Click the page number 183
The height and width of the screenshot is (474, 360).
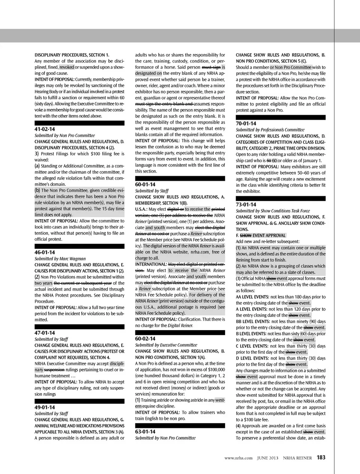tap(321, 458)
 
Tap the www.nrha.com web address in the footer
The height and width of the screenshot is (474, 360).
tap(238, 458)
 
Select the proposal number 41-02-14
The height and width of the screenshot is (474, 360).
tap(45, 129)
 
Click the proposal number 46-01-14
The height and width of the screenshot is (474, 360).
tap(45, 253)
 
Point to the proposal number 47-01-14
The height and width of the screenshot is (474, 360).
tap(45, 333)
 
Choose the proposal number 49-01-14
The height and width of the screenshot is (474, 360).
tap(45, 407)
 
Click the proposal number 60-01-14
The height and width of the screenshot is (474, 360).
tap(145, 184)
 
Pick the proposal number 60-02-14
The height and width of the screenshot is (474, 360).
tap(145, 339)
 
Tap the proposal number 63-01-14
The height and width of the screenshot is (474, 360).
tap(145, 432)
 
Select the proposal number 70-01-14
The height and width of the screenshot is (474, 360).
tap(246, 124)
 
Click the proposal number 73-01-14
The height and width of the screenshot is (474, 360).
tap(246, 205)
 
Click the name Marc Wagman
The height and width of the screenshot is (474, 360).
tap(73, 259)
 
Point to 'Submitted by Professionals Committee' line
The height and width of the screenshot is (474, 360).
tap(270, 130)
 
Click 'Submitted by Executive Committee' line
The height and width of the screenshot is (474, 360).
tap(166, 345)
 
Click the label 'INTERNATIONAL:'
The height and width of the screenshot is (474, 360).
tap(151, 264)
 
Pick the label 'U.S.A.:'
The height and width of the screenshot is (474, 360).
tap(141, 209)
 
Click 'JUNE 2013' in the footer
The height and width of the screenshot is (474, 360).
tap(268, 458)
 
